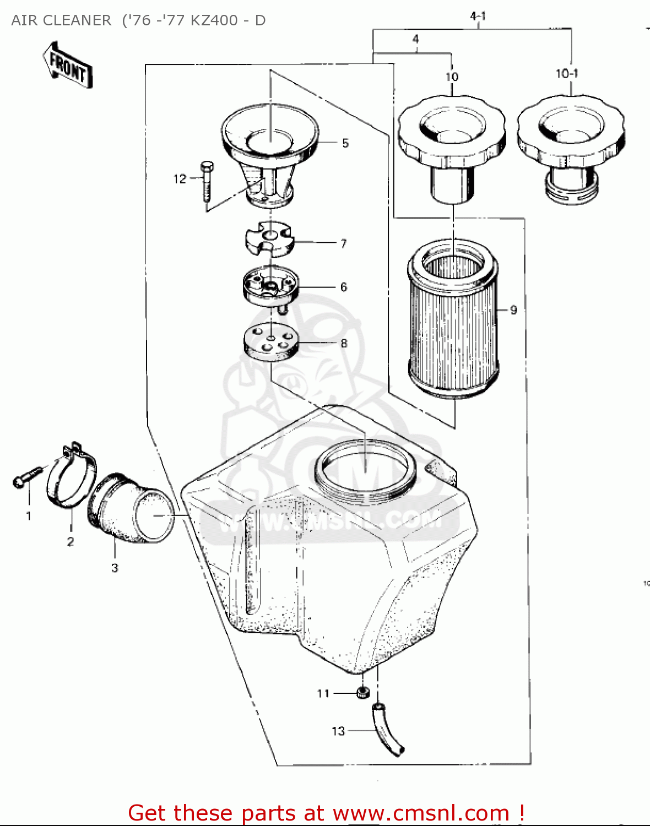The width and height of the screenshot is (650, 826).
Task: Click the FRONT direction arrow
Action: [x=68, y=66]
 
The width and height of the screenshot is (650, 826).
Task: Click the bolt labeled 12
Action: [x=207, y=181]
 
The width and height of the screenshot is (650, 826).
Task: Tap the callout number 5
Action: [x=345, y=143]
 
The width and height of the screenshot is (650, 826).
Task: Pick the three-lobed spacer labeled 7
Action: [x=269, y=240]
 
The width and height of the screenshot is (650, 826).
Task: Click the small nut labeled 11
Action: [x=362, y=693]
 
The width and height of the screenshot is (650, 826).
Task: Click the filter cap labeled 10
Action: [x=452, y=143]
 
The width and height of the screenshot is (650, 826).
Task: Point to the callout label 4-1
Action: [x=478, y=17]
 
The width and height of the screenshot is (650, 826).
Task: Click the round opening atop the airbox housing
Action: [x=365, y=468]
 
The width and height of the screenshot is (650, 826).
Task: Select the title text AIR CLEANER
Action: [x=61, y=20]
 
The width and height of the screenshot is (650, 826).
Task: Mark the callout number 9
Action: [x=513, y=310]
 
